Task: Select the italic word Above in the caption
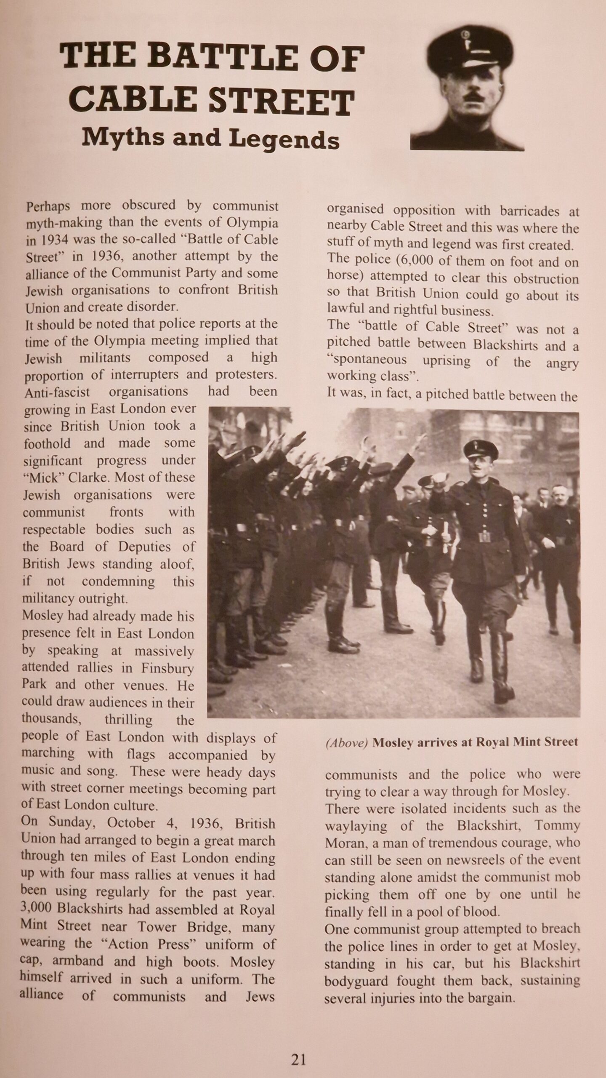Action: point(347,743)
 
